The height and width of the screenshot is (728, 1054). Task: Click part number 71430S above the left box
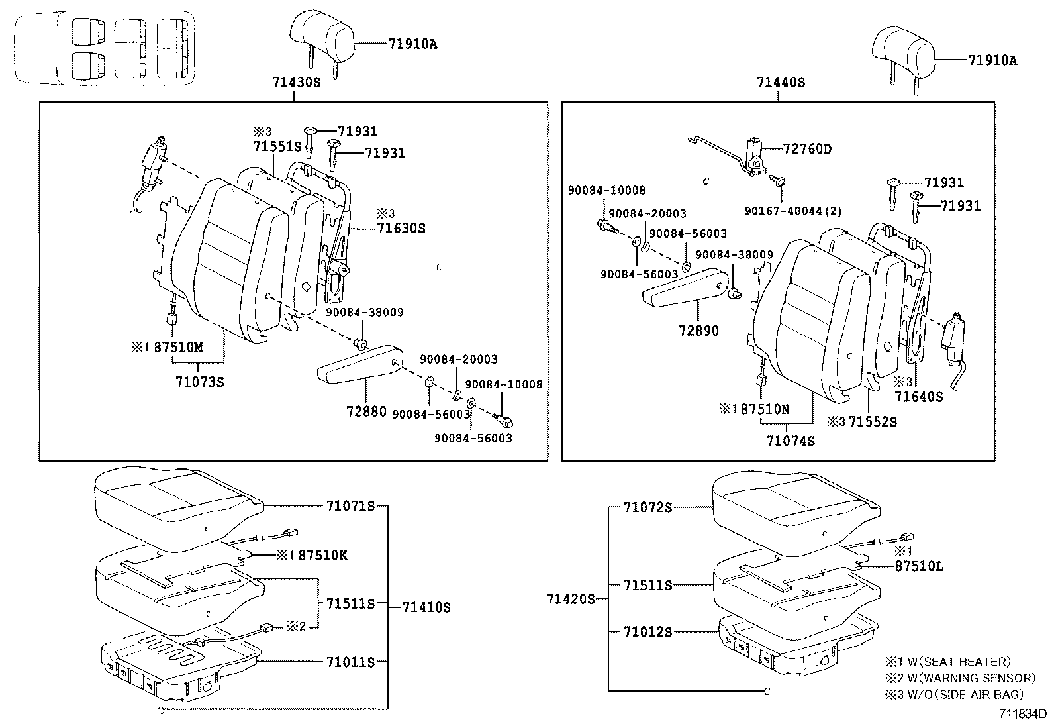pos(295,83)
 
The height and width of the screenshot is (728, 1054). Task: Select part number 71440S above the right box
pos(781,83)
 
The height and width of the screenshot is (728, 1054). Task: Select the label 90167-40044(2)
pos(792,211)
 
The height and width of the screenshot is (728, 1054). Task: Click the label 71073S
pos(200,382)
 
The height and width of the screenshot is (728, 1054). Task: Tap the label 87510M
pos(178,347)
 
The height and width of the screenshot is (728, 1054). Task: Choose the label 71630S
pos(401,229)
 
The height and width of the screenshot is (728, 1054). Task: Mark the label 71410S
pos(426,607)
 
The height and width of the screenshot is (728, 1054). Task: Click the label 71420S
pos(571,599)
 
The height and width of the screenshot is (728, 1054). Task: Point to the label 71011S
pos(350,662)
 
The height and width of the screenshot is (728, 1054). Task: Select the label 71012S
pos(647,632)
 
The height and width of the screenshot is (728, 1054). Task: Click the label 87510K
pos(322,555)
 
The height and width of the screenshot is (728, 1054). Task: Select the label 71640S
pos(918,397)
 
